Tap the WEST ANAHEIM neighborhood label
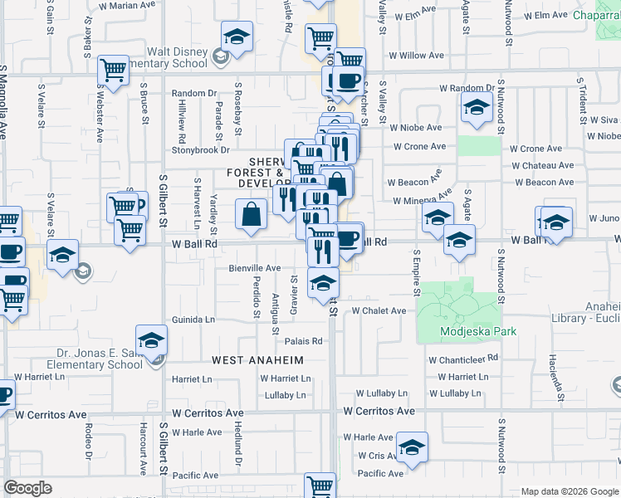[257, 360]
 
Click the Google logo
[27, 488]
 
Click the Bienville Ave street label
[255, 268]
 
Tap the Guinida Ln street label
[193, 320]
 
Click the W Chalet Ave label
[379, 310]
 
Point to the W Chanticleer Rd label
[462, 359]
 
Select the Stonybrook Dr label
[200, 150]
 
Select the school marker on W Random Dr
[477, 108]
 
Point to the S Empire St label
[416, 272]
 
